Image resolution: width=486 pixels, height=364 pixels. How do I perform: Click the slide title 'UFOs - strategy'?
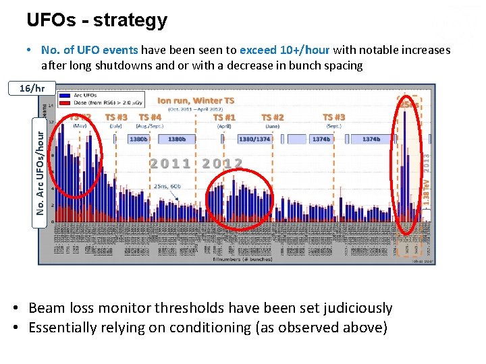(97, 20)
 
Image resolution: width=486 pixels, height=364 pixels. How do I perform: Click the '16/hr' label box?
(32, 88)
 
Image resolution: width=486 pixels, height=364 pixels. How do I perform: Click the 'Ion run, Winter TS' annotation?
(196, 100)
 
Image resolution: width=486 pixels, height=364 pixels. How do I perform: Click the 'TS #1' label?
(224, 117)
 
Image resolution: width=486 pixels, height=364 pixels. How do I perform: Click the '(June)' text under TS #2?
(273, 125)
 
